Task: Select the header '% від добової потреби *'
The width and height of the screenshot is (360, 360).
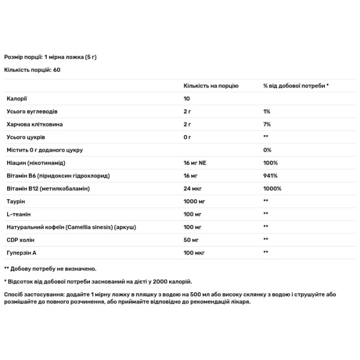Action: click(296, 86)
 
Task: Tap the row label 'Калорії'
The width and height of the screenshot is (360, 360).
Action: click(16, 98)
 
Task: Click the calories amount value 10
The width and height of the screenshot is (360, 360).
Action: click(187, 98)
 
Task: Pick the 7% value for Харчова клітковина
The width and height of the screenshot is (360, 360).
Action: click(267, 124)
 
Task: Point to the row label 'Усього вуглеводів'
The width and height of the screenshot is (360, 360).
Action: click(31, 112)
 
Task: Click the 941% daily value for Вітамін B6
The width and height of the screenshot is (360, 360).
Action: click(269, 175)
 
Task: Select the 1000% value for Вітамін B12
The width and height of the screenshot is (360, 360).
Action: click(271, 188)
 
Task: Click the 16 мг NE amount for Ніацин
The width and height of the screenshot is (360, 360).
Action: click(196, 163)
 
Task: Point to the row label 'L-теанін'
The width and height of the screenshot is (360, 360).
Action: click(17, 214)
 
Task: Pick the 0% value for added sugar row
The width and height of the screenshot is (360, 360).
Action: click(267, 150)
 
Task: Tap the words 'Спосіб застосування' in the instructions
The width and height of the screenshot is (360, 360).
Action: click(35, 295)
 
